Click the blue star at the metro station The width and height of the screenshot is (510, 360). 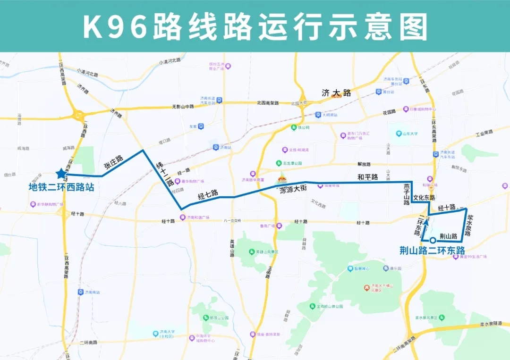(x=61, y=174)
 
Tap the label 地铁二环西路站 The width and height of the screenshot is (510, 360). (x=61, y=187)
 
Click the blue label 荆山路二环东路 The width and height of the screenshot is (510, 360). (x=432, y=251)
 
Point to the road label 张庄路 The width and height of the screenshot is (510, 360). (x=113, y=162)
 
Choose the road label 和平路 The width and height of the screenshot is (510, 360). (x=367, y=177)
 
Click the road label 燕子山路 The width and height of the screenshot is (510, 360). (x=406, y=194)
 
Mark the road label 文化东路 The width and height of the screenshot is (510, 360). (x=424, y=198)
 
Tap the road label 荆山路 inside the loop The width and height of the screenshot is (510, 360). (x=448, y=236)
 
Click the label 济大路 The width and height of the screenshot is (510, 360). (x=336, y=93)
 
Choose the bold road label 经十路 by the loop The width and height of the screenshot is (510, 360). (x=446, y=208)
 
